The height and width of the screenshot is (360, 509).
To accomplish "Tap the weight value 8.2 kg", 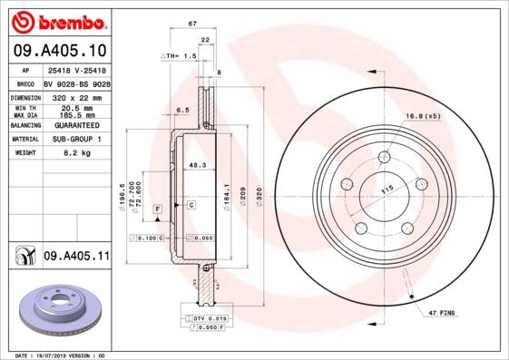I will pos(76,154).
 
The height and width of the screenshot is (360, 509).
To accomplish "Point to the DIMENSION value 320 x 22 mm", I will pos(76,96).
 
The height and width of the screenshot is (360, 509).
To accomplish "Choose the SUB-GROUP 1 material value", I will pos(76,140).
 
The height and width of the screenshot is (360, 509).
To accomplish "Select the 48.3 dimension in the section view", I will pos(197,165).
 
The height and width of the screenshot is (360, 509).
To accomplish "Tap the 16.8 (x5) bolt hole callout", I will pos(422,117).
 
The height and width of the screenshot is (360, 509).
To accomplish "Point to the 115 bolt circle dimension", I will pos(387,187).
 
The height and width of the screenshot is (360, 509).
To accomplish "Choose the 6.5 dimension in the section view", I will pos(182,110).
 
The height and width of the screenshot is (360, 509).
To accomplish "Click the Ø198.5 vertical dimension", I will pos(122,196).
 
